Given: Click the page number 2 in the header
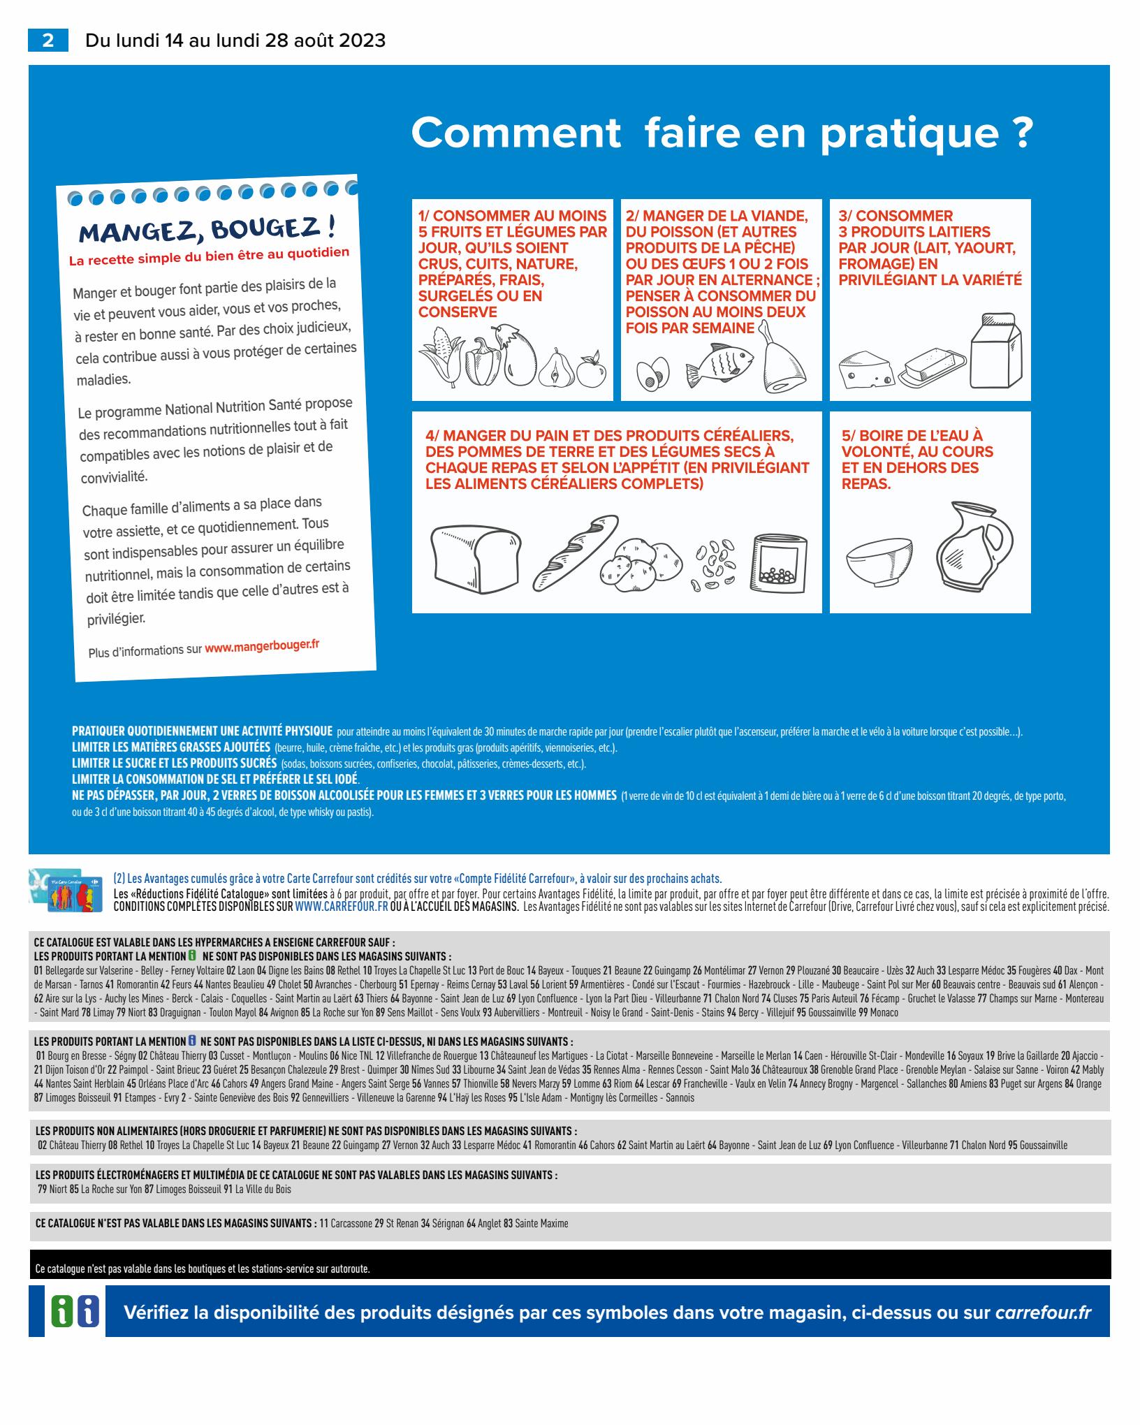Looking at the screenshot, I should [x=47, y=41].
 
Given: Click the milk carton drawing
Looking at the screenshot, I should [x=996, y=351].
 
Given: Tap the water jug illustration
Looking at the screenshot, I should [x=974, y=544].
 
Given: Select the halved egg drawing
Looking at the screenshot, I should [x=652, y=374].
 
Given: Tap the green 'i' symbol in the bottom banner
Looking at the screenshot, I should [x=61, y=1312].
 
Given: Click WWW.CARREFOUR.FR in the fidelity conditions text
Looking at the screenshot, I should [x=342, y=907].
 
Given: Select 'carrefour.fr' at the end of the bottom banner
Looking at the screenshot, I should [x=1042, y=1313].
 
